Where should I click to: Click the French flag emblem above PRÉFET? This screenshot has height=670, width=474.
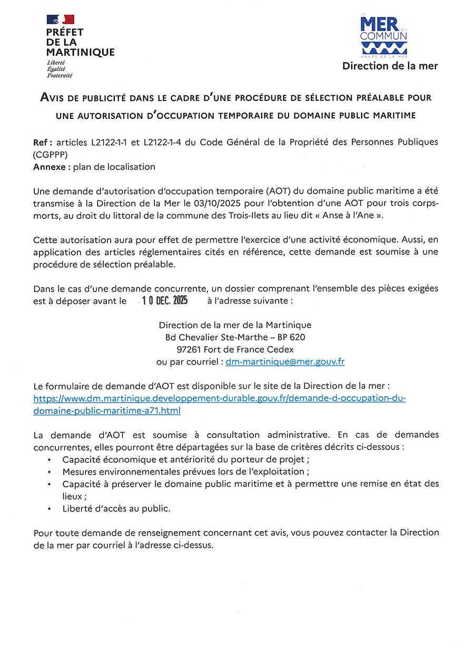pyautogui.click(x=60, y=19)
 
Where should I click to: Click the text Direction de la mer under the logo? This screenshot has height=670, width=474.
pyautogui.click(x=390, y=66)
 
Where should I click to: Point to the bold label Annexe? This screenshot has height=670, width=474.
pyautogui.click(x=51, y=167)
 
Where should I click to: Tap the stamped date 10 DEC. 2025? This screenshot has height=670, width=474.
pyautogui.click(x=165, y=301)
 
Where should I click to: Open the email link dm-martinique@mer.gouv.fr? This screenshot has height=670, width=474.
pyautogui.click(x=284, y=362)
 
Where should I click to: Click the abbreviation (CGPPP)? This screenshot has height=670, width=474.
pyautogui.click(x=51, y=155)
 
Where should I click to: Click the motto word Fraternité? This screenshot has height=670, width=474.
pyautogui.click(x=60, y=76)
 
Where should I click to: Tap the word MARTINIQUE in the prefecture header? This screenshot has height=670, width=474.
pyautogui.click(x=80, y=52)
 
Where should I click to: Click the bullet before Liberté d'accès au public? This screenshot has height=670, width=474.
pyautogui.click(x=49, y=509)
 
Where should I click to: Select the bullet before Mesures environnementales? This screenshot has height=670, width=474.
pyautogui.click(x=49, y=472)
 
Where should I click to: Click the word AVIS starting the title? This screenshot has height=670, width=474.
pyautogui.click(x=54, y=98)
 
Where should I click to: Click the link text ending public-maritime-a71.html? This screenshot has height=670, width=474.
pyautogui.click(x=107, y=411)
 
